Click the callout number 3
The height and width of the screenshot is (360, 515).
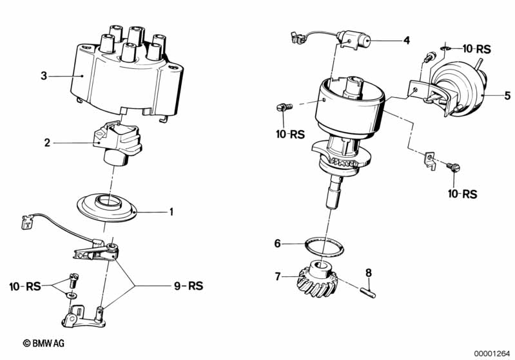[44, 76]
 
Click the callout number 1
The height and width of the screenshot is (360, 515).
[171, 211]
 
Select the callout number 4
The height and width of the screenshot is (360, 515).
[406, 41]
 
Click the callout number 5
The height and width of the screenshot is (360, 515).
[507, 96]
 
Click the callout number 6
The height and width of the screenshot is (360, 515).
[278, 243]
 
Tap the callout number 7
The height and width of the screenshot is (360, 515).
[278, 277]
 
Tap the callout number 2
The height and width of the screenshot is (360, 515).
[47, 142]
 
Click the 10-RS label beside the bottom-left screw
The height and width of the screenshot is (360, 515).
[25, 286]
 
